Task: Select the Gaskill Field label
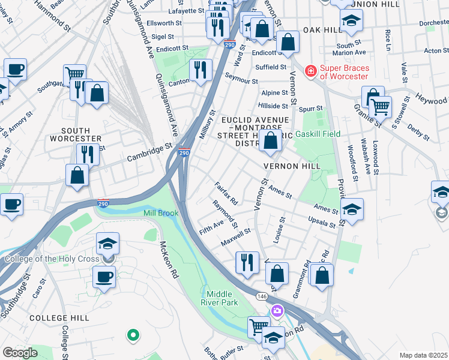tap(318, 134)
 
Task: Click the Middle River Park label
tap(222, 298)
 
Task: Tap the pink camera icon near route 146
tap(277, 310)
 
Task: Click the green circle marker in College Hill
tap(133, 334)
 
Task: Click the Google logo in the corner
tap(20, 353)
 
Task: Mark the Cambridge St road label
tap(149, 152)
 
